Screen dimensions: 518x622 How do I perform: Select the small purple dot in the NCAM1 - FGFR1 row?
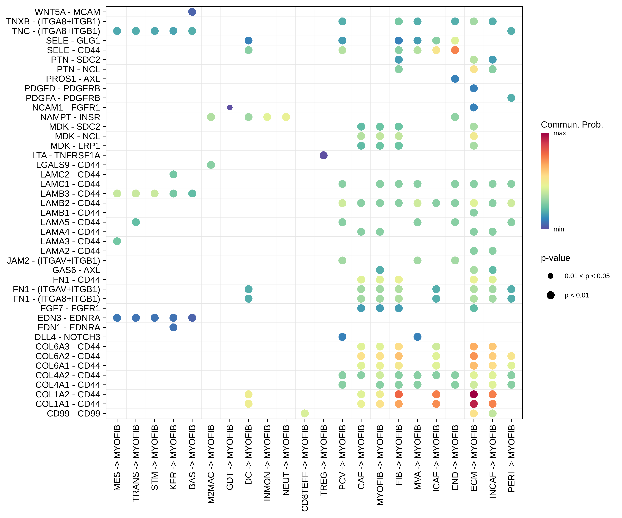[x=230, y=108]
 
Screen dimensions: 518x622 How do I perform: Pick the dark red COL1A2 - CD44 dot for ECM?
[x=474, y=394]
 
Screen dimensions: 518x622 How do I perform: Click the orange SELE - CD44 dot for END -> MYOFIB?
[x=455, y=50]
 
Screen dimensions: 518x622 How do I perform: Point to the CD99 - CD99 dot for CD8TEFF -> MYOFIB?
[x=305, y=413]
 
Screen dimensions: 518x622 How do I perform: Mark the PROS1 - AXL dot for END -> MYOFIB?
[x=455, y=79]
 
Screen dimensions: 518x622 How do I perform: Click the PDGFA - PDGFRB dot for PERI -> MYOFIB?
[x=511, y=98]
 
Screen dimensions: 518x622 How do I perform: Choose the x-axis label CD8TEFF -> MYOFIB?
[x=305, y=468]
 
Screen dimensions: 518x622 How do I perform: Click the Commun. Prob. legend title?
[x=572, y=125]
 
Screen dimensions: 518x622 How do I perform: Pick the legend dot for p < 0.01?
[x=551, y=295]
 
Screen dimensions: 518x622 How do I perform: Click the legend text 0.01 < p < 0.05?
[x=587, y=276]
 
